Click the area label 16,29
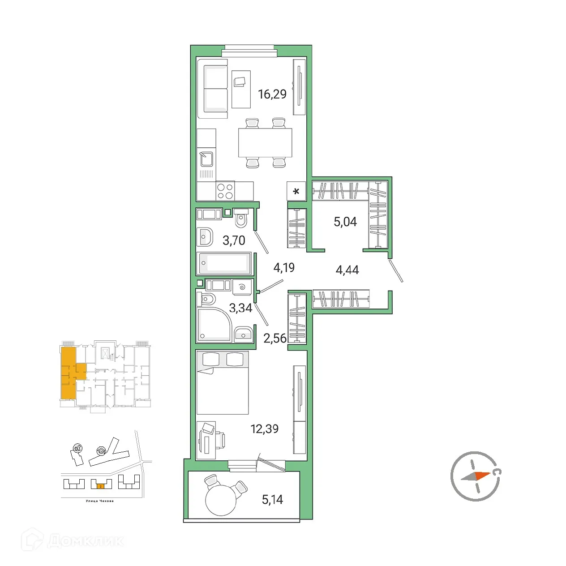[x=272, y=94]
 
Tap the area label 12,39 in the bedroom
[x=264, y=429]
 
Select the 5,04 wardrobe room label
[x=345, y=222]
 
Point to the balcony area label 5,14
[x=272, y=499]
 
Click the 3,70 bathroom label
[x=234, y=240]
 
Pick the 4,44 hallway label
[x=347, y=270]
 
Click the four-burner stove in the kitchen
[x=225, y=191]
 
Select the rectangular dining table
[x=265, y=142]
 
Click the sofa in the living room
[x=215, y=89]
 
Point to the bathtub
[x=224, y=263]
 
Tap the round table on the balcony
[x=220, y=500]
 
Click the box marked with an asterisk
[x=296, y=191]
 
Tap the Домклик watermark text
[x=85, y=540]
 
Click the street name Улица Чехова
[x=99, y=501]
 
